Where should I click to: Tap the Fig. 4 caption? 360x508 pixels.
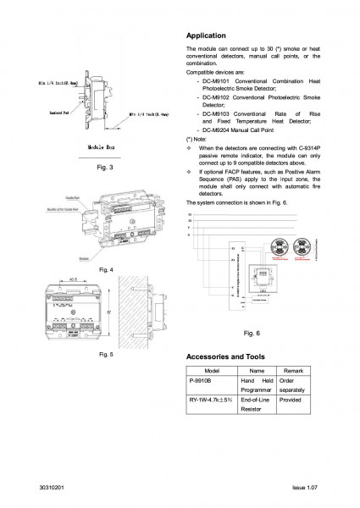[106, 268]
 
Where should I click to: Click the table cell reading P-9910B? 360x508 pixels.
[202, 382]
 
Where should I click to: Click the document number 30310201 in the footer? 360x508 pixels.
[52, 490]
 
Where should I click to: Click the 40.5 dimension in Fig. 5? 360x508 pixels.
[74, 278]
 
